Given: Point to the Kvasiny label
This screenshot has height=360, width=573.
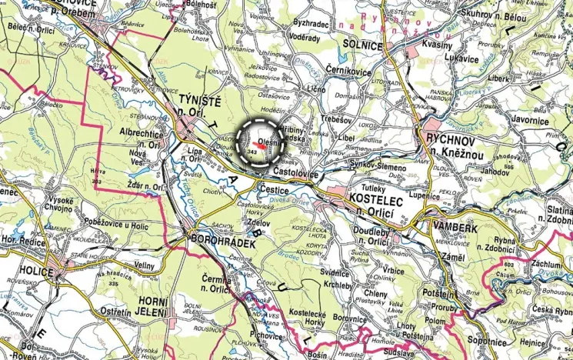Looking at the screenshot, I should point(438,45).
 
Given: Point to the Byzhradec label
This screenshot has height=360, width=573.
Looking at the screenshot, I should point(311,24).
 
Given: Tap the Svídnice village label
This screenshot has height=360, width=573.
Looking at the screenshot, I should point(335,272).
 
